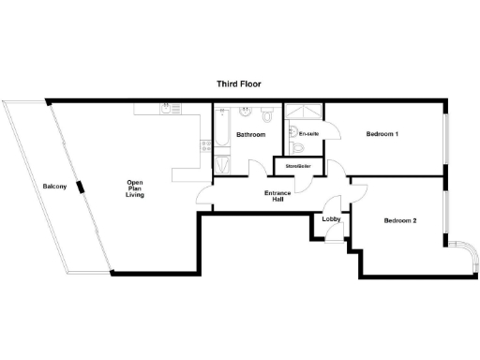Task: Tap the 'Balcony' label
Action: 53,187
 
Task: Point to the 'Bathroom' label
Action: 250,135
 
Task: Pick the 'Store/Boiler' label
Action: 297,167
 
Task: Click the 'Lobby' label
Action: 331,219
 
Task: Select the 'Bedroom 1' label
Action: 382,134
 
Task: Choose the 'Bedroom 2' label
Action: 400,221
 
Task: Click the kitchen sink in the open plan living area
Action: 167,109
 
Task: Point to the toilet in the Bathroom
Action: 267,116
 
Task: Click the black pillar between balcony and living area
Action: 82,186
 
